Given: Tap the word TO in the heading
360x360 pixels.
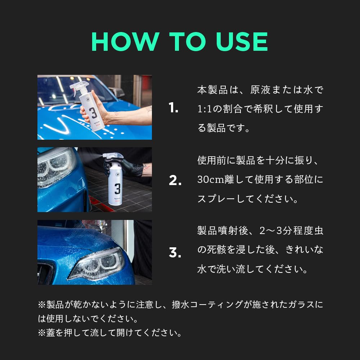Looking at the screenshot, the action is point(187,41).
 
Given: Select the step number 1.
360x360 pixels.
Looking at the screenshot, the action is point(173,108).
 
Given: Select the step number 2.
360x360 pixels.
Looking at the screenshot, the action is point(175,180).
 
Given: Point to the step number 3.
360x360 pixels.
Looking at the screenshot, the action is point(175,252).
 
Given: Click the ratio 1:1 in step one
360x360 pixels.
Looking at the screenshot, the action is point(204,109).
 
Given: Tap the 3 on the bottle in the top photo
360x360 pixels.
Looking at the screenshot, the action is point(93,113).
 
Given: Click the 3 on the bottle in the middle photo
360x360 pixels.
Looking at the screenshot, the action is point(117,189).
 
